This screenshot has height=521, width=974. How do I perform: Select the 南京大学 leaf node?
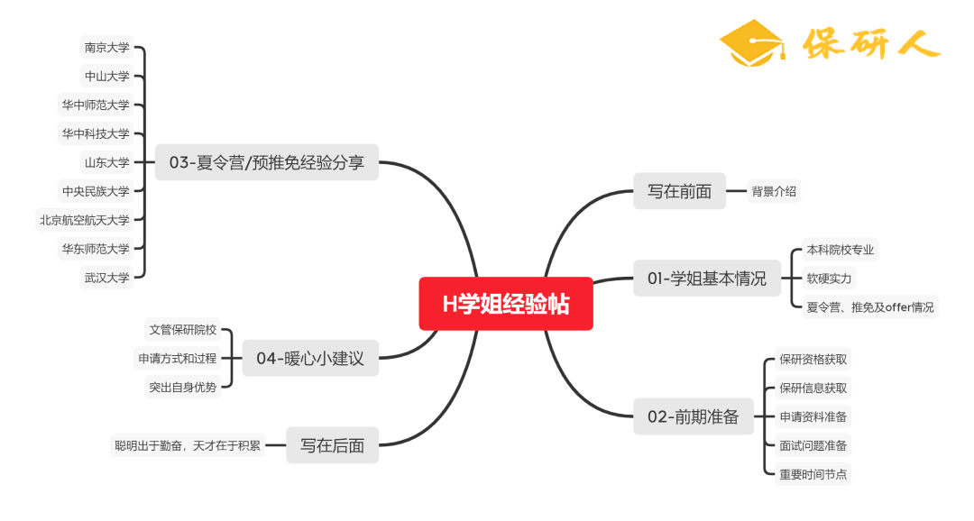pyautogui.click(x=107, y=48)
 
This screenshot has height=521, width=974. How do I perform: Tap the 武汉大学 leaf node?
pyautogui.click(x=107, y=278)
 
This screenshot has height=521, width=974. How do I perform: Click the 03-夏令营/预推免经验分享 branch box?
pyautogui.click(x=266, y=163)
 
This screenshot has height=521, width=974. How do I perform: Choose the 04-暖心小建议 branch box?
pyautogui.click(x=310, y=358)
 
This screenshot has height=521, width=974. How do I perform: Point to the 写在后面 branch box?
pyautogui.click(x=332, y=445)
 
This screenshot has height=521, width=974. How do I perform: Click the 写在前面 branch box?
pyautogui.click(x=679, y=191)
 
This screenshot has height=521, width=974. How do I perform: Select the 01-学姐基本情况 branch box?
pyautogui.click(x=706, y=279)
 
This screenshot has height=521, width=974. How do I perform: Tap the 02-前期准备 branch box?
pyautogui.click(x=693, y=416)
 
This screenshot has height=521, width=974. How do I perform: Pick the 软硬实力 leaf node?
pyautogui.click(x=829, y=279)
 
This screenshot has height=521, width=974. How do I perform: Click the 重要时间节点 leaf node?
pyautogui.click(x=813, y=474)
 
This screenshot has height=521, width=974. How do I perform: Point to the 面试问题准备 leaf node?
pyautogui.click(x=813, y=445)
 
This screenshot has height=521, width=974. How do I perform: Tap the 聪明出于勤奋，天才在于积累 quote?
pyautogui.click(x=187, y=445)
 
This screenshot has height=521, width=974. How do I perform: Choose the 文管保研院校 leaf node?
pyautogui.click(x=182, y=330)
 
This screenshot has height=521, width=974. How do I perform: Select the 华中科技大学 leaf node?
pyautogui.click(x=96, y=134)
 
